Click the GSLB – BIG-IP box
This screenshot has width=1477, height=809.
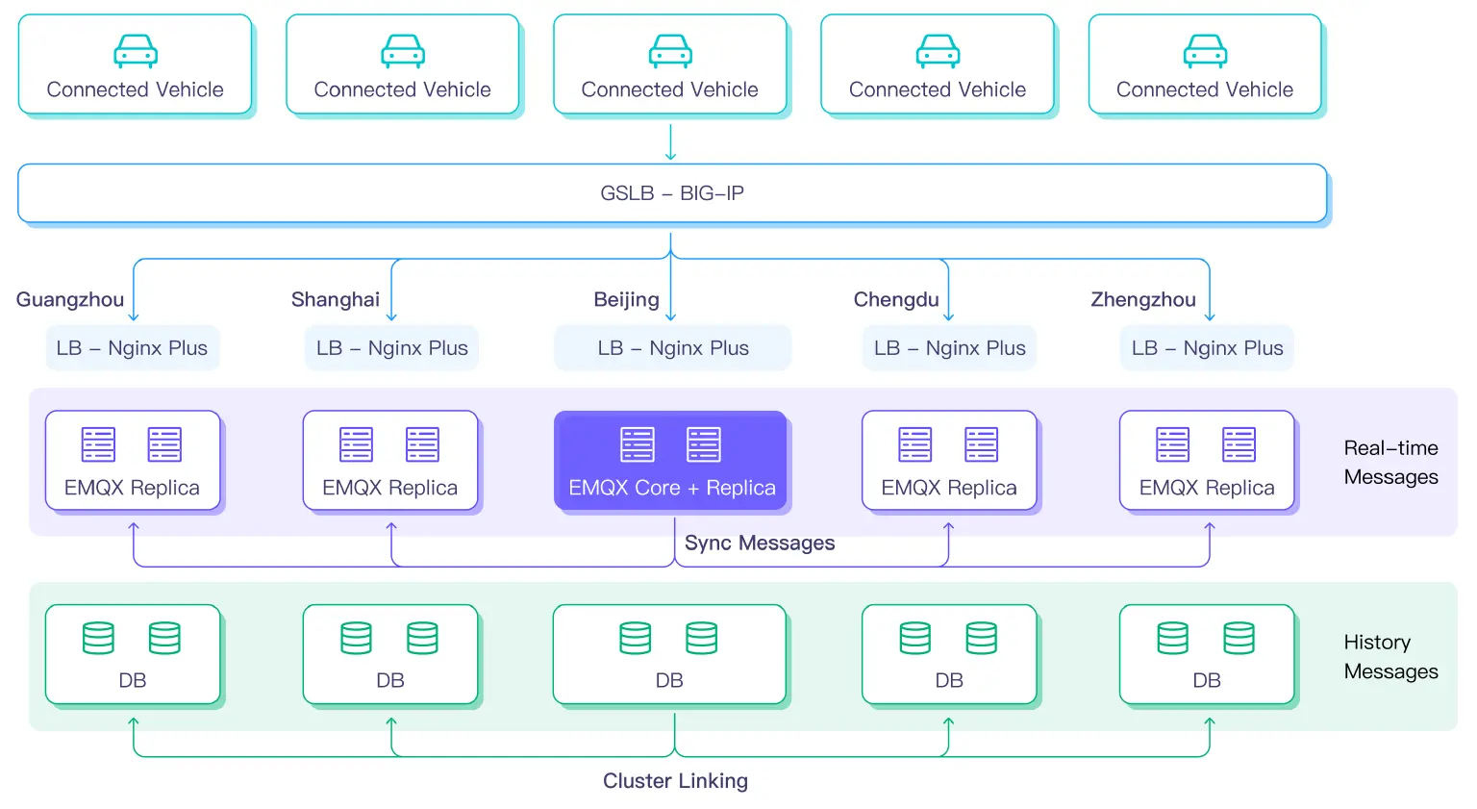pyautogui.click(x=671, y=193)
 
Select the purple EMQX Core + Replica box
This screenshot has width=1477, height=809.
pyautogui.click(x=670, y=461)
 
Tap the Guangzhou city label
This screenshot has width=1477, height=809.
pyautogui.click(x=70, y=299)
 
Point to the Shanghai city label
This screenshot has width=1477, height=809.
pyautogui.click(x=336, y=299)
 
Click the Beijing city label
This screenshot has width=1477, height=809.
pyautogui.click(x=626, y=299)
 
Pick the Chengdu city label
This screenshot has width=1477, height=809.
pyautogui.click(x=896, y=299)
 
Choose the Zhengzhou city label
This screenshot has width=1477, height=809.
pyautogui.click(x=1143, y=299)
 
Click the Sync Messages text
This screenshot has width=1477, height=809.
pyautogui.click(x=760, y=543)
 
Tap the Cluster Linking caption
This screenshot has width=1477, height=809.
pyautogui.click(x=675, y=780)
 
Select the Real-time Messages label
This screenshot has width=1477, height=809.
pyautogui.click(x=1390, y=462)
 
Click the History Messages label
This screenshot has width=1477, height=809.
pyautogui.click(x=1390, y=656)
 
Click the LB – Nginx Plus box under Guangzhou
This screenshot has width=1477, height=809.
pyautogui.click(x=133, y=348)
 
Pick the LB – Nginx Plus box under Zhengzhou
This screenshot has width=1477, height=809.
pyautogui.click(x=1207, y=348)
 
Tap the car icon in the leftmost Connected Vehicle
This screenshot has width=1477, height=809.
pyautogui.click(x=136, y=51)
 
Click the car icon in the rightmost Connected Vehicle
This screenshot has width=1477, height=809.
pyautogui.click(x=1205, y=51)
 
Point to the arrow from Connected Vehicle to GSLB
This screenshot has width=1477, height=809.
pyautogui.click(x=671, y=141)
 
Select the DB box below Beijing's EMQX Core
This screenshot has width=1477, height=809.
pyautogui.click(x=669, y=654)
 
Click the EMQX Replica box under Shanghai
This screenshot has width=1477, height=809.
pyautogui.click(x=390, y=461)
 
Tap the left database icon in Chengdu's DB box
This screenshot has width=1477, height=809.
pyautogui.click(x=914, y=638)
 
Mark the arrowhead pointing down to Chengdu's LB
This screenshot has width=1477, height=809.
pyautogui.click(x=949, y=316)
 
